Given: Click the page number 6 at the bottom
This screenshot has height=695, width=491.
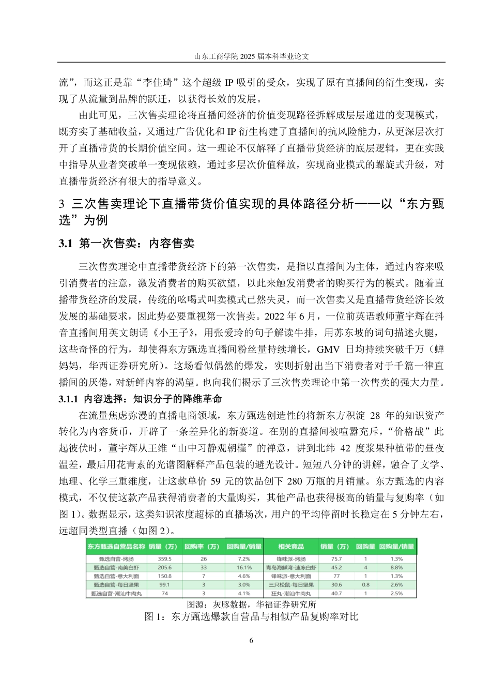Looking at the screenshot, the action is click(251, 641).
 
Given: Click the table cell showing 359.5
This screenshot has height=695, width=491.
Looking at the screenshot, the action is click(165, 559).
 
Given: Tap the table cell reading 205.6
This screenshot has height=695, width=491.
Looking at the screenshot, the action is click(165, 567).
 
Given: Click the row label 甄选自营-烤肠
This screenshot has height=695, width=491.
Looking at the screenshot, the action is click(116, 559).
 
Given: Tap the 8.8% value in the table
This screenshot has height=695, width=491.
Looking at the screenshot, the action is click(396, 567).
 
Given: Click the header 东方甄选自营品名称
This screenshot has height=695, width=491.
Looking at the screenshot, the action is click(116, 547).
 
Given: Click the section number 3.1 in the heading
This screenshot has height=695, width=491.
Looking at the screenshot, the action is click(66, 244).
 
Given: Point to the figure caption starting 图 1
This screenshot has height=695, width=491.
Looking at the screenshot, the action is click(251, 616).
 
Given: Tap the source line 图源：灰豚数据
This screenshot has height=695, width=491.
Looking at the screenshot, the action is click(251, 605).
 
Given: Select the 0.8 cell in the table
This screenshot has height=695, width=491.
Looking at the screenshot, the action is click(365, 584).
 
